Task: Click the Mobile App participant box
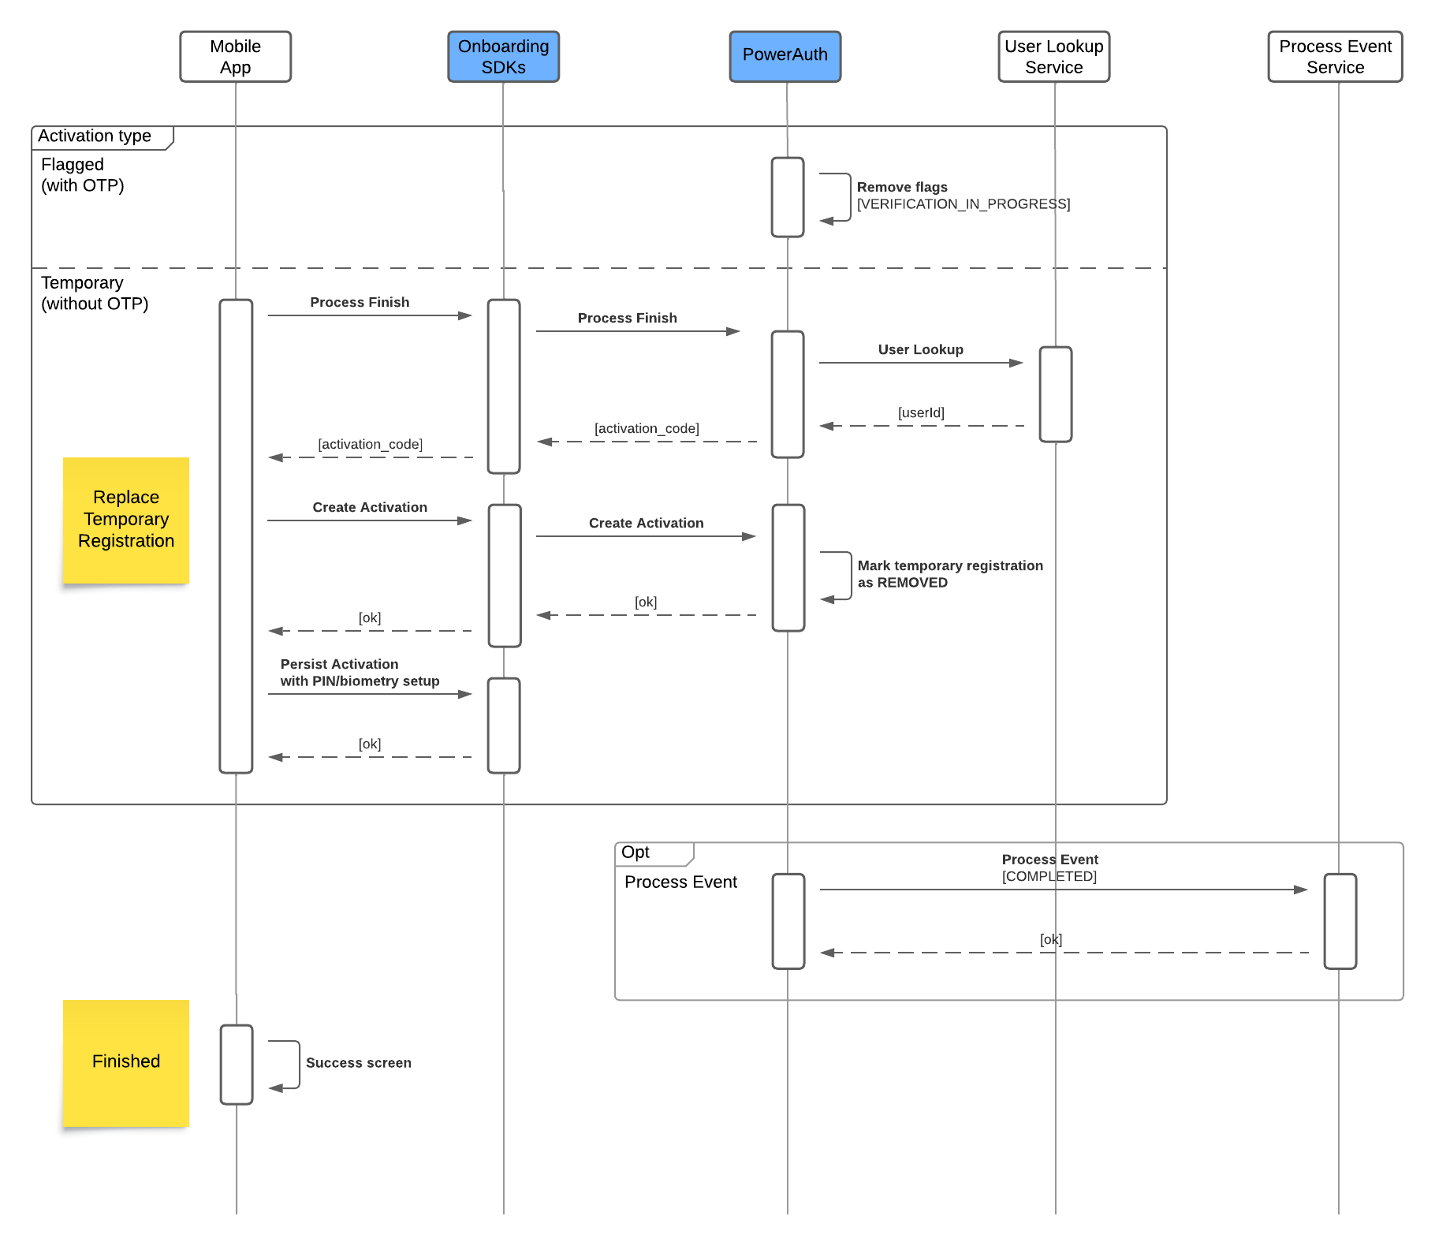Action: (x=235, y=57)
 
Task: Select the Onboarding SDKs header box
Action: (x=503, y=57)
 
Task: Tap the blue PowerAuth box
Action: (x=785, y=57)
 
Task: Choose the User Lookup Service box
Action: (x=1053, y=57)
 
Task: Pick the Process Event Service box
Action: (x=1335, y=57)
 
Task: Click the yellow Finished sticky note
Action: (x=126, y=1062)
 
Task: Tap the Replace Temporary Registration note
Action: (x=126, y=520)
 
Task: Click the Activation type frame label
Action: (x=95, y=136)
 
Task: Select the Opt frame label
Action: (x=635, y=852)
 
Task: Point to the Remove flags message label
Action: (x=902, y=188)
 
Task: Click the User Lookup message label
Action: (x=920, y=349)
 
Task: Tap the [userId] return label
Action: (x=921, y=412)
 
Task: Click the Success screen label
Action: (x=358, y=1063)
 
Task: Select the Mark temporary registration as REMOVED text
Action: (x=949, y=574)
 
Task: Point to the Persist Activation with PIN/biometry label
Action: (x=360, y=673)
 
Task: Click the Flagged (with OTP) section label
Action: (x=82, y=175)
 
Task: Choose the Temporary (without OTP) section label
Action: (x=94, y=293)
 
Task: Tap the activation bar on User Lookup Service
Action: (x=1055, y=394)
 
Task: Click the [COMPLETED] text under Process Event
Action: (x=1049, y=876)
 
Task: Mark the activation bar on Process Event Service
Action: (x=1340, y=921)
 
